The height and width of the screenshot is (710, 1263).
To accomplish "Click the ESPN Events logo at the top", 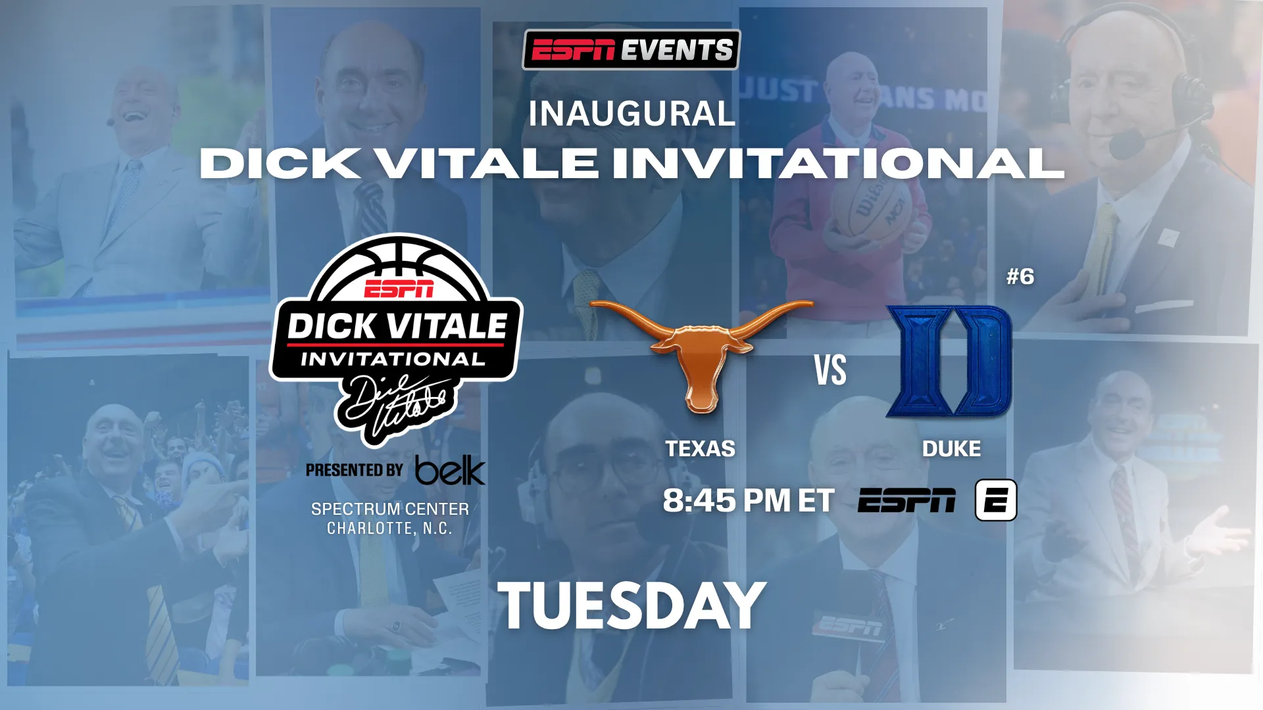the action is tap(631, 49).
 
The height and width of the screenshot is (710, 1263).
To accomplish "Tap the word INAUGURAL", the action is tap(631, 114).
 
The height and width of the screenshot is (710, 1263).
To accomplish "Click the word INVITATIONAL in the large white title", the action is tap(838, 163).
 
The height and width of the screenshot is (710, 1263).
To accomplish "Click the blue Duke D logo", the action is tap(949, 361).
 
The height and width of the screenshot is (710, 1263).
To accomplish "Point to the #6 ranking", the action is tap(1020, 277).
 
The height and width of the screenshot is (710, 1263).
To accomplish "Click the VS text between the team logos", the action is tap(830, 370).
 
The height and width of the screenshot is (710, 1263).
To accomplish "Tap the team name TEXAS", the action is tap(700, 449).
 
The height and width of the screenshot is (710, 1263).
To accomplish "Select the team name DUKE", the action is tap(951, 449).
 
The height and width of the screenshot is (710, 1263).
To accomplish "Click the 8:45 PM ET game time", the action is tap(749, 500).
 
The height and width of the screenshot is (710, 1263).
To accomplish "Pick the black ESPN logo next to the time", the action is tap(906, 500).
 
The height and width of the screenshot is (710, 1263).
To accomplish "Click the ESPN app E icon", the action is tap(996, 500).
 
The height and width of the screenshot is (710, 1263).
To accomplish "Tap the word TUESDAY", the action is tap(631, 606).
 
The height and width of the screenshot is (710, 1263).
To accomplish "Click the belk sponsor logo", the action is tap(450, 470).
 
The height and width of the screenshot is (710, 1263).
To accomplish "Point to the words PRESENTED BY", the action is tap(354, 470).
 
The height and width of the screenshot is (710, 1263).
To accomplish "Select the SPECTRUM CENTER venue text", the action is tap(390, 509).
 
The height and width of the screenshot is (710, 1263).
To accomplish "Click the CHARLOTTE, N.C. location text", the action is tap(389, 529).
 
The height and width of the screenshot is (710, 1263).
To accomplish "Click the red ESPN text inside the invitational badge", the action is tap(399, 288).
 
